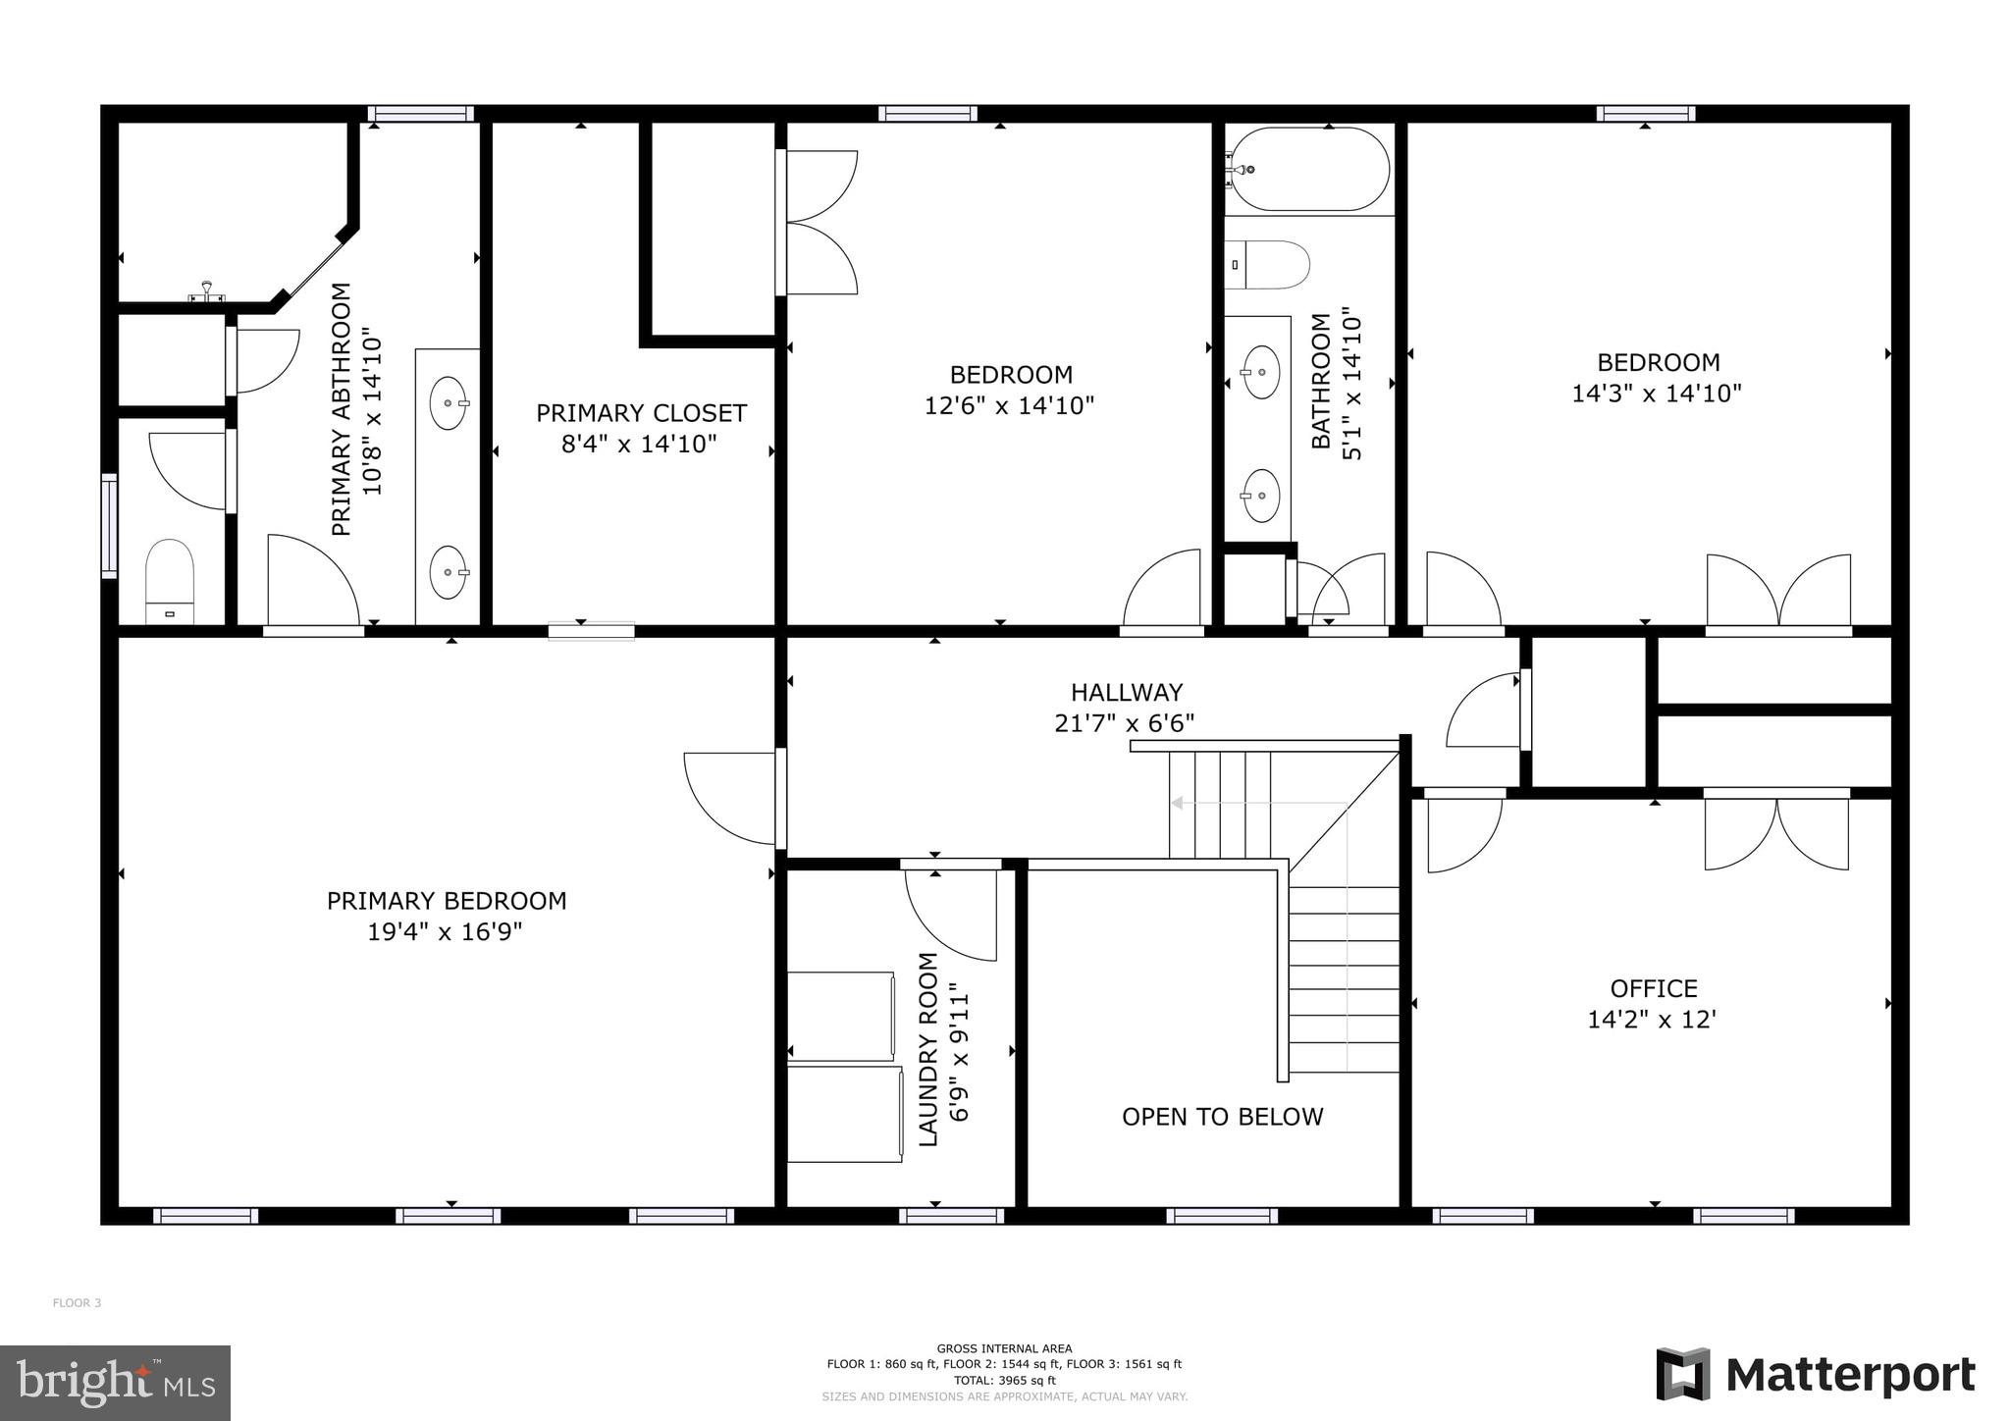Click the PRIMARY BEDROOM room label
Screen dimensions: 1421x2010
(447, 900)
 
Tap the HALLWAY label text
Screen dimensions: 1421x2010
(1126, 692)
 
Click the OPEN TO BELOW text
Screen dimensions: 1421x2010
(1222, 1117)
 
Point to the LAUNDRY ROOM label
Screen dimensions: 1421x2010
(928, 1049)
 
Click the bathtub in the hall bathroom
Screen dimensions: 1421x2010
(1309, 169)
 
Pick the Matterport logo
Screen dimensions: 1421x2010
(1816, 1375)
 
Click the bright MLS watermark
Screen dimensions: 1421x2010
(115, 1383)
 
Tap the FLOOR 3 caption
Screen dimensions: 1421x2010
(77, 1303)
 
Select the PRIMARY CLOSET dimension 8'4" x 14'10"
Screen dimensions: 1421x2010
(639, 445)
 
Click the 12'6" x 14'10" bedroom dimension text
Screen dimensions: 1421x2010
(1009, 405)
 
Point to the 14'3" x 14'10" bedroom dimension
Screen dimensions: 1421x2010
(1657, 394)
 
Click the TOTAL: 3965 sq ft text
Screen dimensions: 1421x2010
(1004, 1380)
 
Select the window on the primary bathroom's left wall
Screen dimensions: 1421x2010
(109, 525)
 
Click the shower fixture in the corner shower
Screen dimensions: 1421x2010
(207, 291)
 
